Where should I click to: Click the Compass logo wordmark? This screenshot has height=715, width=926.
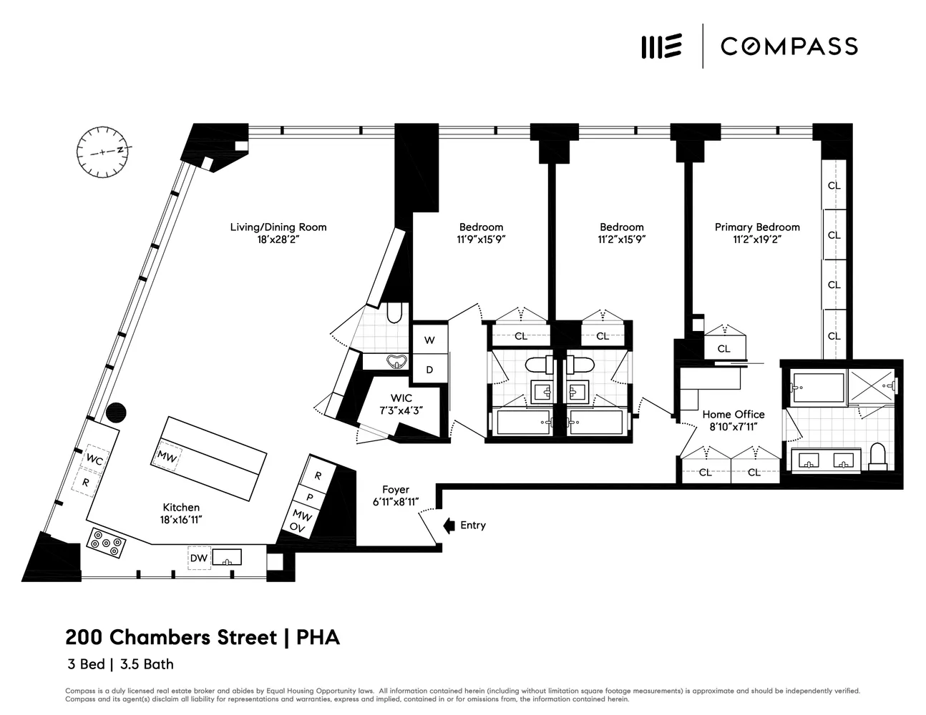point(789,46)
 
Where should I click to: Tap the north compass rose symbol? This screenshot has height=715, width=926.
point(102,151)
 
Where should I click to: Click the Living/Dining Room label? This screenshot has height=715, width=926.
point(278,227)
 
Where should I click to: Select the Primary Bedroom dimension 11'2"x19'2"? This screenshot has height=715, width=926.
point(756,240)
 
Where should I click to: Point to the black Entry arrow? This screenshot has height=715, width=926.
point(449,526)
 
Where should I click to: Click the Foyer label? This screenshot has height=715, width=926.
point(395,490)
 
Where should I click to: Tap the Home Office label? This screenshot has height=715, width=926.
point(733,414)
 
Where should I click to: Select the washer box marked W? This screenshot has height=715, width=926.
point(429,340)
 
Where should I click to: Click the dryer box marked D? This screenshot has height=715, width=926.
point(429,370)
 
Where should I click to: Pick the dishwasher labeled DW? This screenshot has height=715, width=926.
point(199,558)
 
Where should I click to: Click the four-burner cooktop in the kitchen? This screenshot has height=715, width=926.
point(107,543)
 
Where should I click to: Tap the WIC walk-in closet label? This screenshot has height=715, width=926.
point(401,398)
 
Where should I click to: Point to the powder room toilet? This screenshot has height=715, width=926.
point(394,312)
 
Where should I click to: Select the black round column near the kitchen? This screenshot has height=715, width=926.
point(116,413)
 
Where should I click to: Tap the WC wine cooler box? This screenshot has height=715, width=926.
point(94,460)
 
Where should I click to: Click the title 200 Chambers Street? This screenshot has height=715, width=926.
point(171,637)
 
